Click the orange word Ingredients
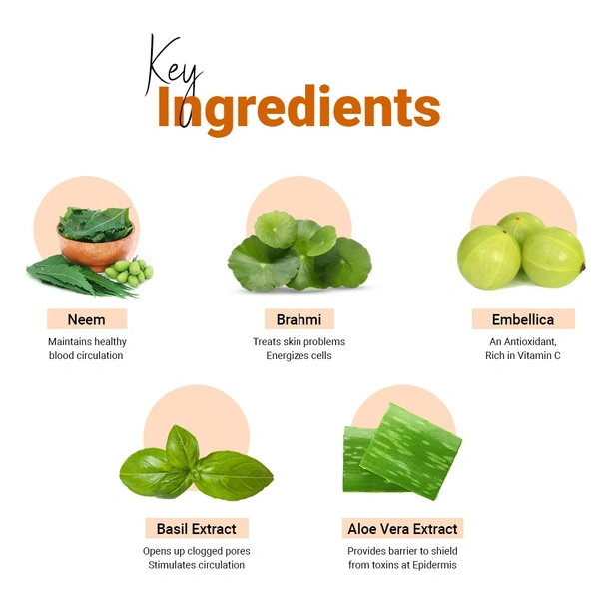coord(299,109)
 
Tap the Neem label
coord(86,319)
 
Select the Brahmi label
coord(299,319)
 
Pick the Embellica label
coord(523,319)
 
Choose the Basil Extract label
coord(197,529)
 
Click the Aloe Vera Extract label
coord(402,529)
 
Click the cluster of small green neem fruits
coord(129,272)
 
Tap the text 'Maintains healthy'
coord(87,341)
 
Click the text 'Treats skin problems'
coord(299,341)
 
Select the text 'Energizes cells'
coord(299,356)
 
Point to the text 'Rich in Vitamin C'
coord(523,356)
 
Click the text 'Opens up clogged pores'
coord(197,551)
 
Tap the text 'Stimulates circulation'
coord(197,565)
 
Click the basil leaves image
coord(197,463)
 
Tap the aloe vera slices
coord(402,452)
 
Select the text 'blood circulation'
coord(86,356)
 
